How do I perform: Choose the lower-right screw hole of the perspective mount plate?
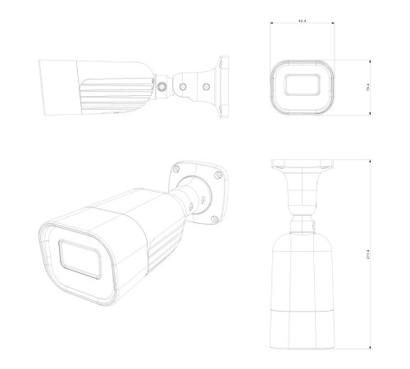(x=214, y=216)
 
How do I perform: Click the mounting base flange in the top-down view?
(x=302, y=168)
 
